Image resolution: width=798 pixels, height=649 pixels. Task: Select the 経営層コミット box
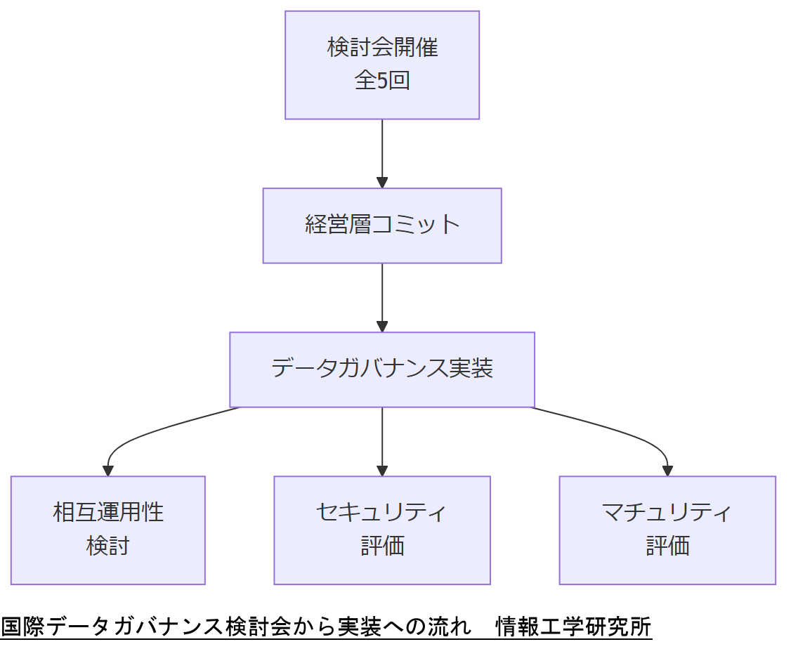pos(382,225)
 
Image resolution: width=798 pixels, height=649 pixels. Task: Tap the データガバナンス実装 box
pos(382,369)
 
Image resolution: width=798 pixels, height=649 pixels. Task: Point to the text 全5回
pos(382,81)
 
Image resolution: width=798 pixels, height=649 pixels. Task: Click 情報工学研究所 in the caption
pos(573,626)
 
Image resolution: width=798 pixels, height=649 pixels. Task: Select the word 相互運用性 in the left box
pos(107,512)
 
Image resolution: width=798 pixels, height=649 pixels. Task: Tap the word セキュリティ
pos(382,512)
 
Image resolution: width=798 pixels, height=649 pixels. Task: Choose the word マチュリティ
pos(667,512)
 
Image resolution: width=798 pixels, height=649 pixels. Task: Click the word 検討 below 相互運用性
pos(107,546)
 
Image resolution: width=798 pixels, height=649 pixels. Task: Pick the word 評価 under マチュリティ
pos(667,546)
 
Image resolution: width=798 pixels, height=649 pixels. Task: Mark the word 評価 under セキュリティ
pos(382,546)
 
